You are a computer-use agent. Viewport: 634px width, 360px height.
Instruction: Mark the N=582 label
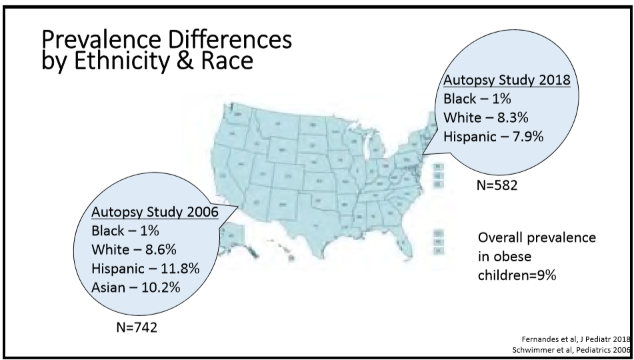coord(497,185)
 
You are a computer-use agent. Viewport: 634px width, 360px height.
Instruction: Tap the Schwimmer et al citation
coord(570,350)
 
